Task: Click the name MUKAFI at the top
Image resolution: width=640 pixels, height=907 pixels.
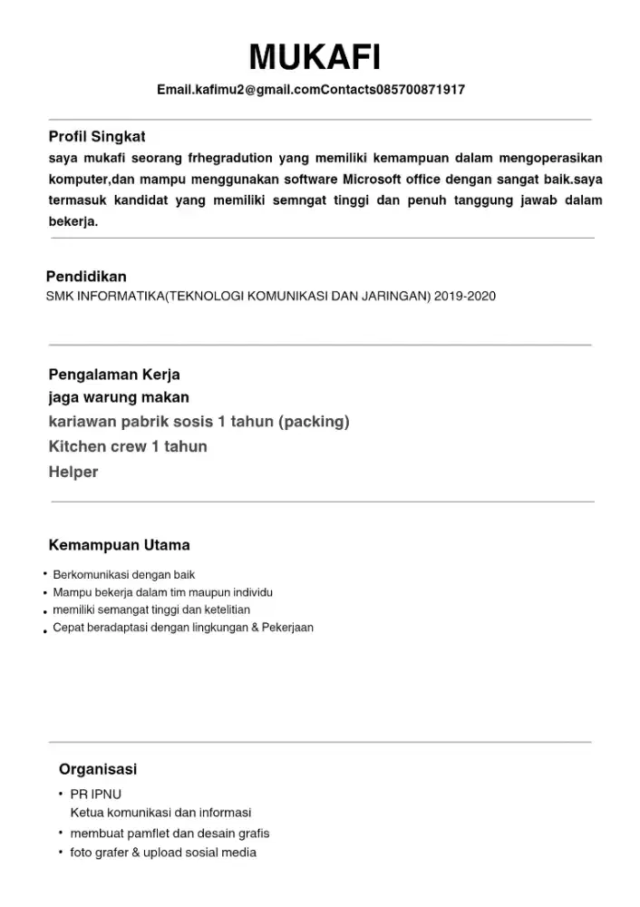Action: coord(315,59)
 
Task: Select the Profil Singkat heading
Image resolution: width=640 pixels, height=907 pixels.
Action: coord(97,137)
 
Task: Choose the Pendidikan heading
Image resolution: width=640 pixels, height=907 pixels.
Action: coord(86,277)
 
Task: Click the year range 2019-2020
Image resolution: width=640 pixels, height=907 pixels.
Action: coord(465,297)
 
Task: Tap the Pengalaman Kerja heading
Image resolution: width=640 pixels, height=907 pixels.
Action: coord(114,375)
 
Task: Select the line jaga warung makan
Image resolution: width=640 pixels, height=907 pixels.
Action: coord(119,397)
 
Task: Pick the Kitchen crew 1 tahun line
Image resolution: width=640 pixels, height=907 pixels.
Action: coord(128,446)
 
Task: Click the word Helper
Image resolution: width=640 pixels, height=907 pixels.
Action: coord(73,472)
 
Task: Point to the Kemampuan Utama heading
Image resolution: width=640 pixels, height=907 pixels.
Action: coord(120,545)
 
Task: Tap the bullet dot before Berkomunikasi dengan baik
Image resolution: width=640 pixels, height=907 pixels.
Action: coord(44,573)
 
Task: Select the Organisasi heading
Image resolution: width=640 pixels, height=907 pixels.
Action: coord(98,769)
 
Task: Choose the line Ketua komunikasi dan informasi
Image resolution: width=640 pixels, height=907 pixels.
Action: coord(160,813)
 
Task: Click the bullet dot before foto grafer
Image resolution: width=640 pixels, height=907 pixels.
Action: coord(61,852)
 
